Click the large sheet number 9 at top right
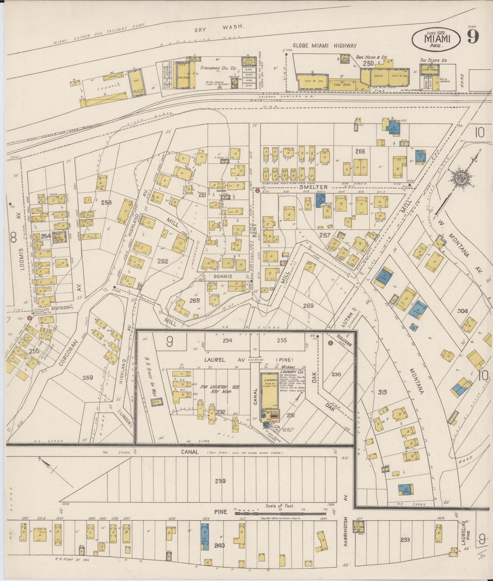coord(473,37)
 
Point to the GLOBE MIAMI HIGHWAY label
coord(324,46)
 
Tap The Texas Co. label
coord(434,60)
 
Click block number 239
coord(220,481)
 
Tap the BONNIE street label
coord(223,276)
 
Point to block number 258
coord(106,202)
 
